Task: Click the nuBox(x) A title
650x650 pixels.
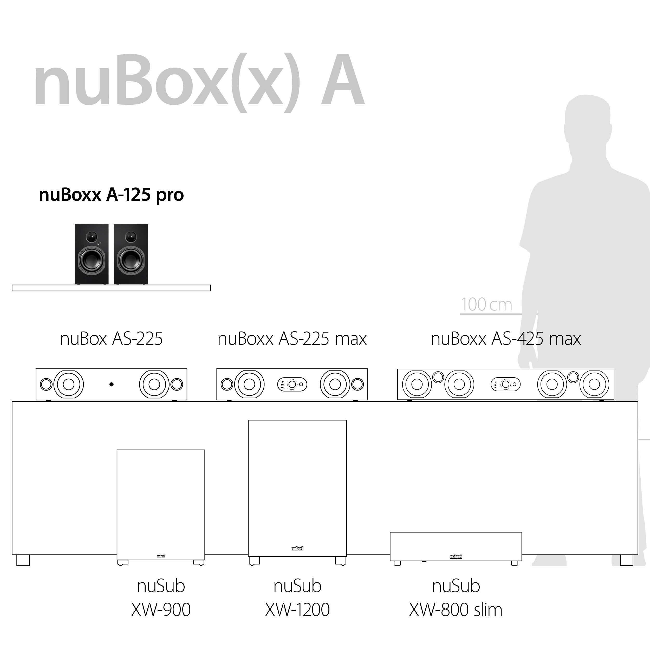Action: pyautogui.click(x=199, y=83)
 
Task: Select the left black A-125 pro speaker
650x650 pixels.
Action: pyautogui.click(x=92, y=254)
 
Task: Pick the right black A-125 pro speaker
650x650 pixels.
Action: pyautogui.click(x=131, y=254)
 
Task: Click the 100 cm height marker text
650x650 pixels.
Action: pyautogui.click(x=486, y=304)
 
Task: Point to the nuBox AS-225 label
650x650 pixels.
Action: pyautogui.click(x=111, y=339)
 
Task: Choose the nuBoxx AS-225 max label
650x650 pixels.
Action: pyautogui.click(x=292, y=339)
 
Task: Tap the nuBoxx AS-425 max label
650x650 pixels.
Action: pyautogui.click(x=506, y=339)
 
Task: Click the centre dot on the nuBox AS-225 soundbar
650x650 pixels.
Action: pyautogui.click(x=111, y=384)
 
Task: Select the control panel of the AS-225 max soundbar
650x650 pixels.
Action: pyautogui.click(x=292, y=384)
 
